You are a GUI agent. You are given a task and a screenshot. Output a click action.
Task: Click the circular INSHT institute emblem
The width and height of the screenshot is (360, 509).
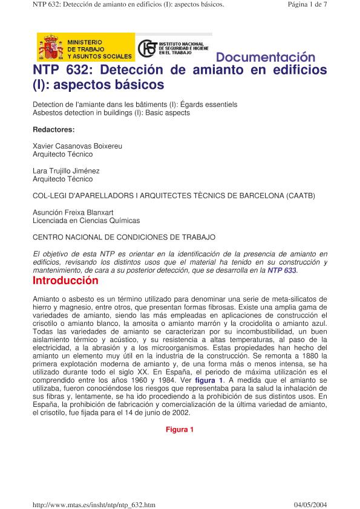146,48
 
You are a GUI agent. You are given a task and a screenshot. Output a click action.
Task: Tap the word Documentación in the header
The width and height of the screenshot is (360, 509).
266,58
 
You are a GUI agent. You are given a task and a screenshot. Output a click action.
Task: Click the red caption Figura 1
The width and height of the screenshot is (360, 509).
180,430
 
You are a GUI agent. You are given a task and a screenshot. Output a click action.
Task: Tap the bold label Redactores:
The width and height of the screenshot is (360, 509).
53,129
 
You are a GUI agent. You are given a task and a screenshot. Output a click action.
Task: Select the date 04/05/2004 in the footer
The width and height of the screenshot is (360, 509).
310,504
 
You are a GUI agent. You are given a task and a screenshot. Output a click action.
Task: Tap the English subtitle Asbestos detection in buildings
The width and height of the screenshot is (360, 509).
111,113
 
